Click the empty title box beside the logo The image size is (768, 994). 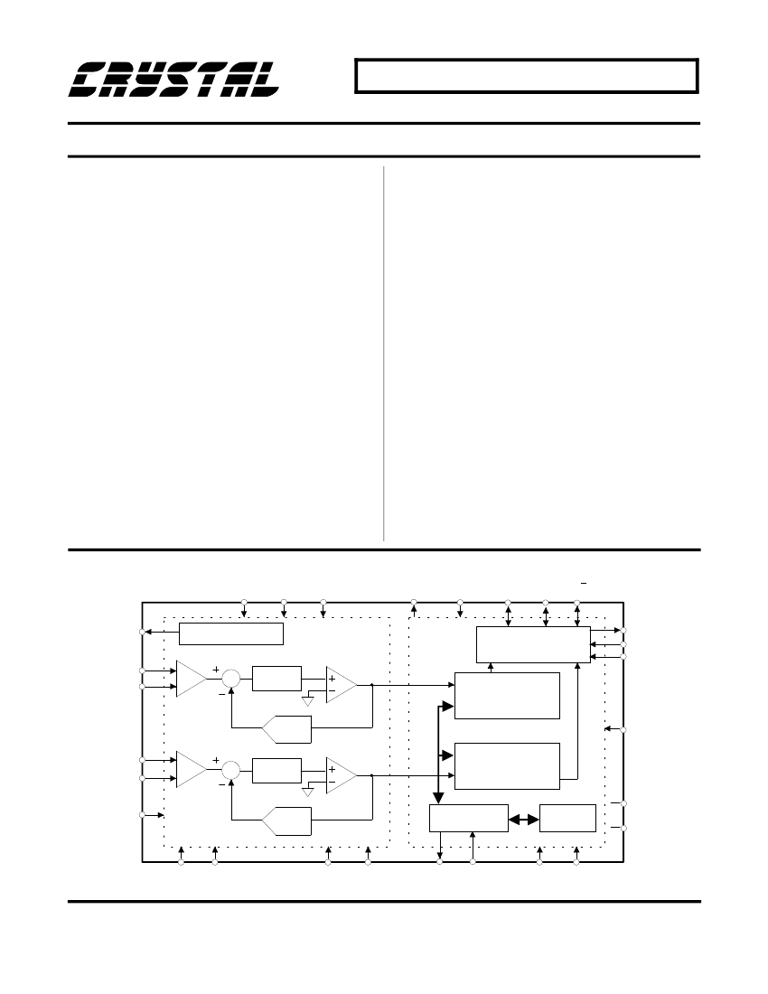[527, 76]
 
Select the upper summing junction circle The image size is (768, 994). [231, 679]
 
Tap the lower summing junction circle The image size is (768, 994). [231, 770]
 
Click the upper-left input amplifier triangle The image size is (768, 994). [190, 679]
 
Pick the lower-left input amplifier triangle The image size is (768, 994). [190, 770]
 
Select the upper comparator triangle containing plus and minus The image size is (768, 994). [341, 685]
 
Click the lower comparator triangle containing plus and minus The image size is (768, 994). [341, 775]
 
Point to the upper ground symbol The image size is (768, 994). [308, 701]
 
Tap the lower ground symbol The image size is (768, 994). [308, 792]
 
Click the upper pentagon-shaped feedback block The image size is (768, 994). [286, 729]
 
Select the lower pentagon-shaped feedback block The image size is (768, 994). [286, 821]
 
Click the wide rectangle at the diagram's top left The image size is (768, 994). [231, 634]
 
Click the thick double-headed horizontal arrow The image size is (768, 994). [524, 819]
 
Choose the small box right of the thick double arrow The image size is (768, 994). [567, 818]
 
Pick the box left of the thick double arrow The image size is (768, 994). [469, 818]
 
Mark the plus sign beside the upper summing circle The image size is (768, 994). [216, 670]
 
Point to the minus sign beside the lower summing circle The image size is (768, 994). [221, 784]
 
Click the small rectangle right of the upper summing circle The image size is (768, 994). [276, 679]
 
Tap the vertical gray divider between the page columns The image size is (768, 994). [384, 353]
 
